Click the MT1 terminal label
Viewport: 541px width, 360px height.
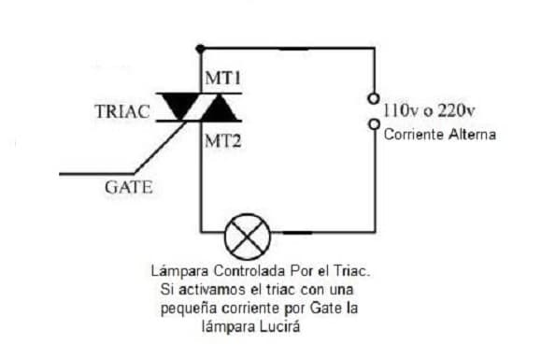(x=222, y=78)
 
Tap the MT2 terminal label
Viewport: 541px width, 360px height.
(x=223, y=141)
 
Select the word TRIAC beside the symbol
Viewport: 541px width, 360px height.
(x=122, y=111)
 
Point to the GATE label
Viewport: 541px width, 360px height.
(x=128, y=187)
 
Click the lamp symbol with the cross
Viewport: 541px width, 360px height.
(x=248, y=237)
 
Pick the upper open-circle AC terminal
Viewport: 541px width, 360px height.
(x=374, y=99)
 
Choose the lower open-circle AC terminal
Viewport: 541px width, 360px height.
(x=374, y=124)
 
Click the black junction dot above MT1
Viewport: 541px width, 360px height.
(x=200, y=49)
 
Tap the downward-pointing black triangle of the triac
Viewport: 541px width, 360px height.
(x=179, y=107)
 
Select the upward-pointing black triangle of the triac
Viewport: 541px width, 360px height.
(x=219, y=108)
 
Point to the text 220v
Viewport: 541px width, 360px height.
(x=457, y=110)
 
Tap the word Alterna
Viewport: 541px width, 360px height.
(x=473, y=135)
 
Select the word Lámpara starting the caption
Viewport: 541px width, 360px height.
(x=179, y=271)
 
